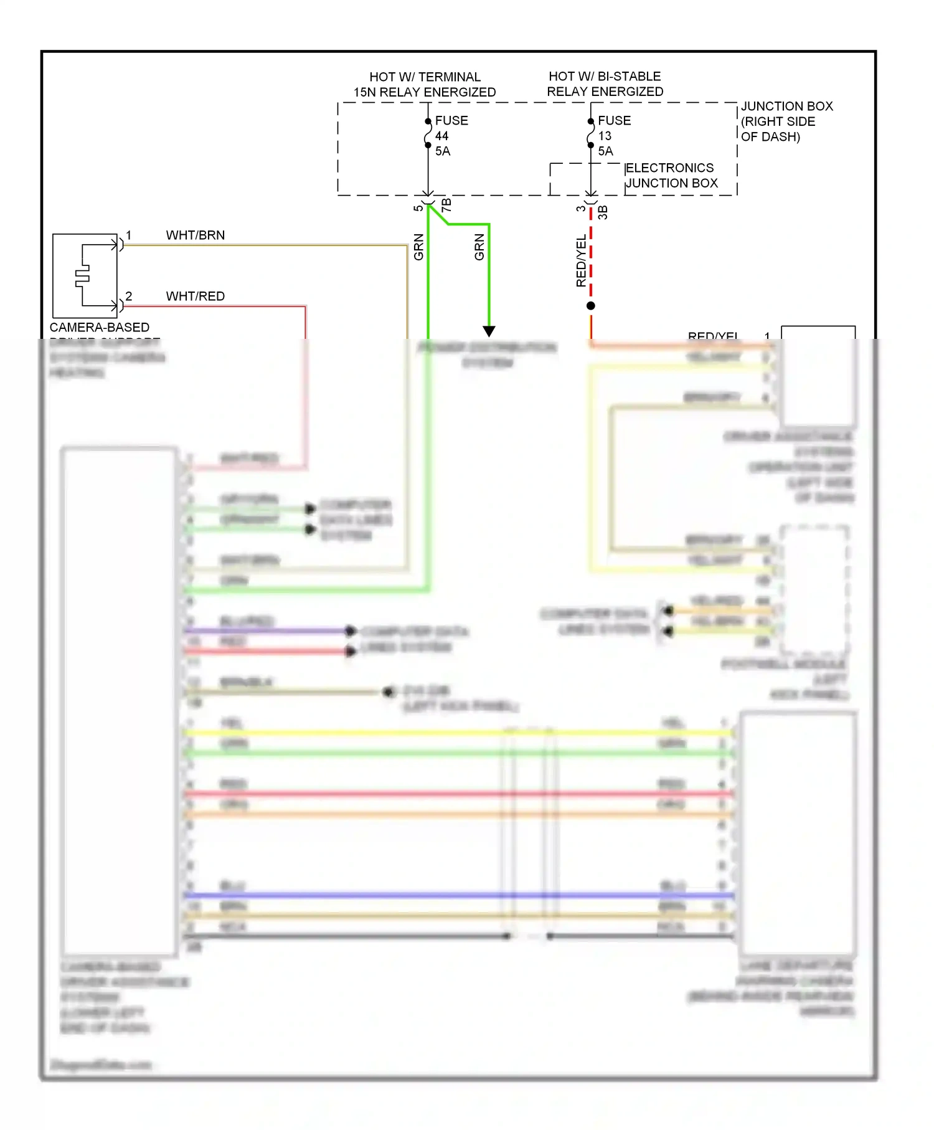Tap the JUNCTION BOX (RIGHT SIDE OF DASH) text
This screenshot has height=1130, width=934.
(786, 121)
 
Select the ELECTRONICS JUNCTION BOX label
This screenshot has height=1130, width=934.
(671, 175)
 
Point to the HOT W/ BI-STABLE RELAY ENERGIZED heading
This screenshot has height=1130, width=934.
(605, 83)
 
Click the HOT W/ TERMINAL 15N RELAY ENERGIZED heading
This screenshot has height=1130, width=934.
(425, 84)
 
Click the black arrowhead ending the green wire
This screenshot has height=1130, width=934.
(489, 331)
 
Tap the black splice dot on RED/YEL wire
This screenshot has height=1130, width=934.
(590, 305)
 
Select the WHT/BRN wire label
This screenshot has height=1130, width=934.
(195, 235)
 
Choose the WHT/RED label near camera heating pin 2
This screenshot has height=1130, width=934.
(195, 296)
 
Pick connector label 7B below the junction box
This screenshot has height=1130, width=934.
(446, 205)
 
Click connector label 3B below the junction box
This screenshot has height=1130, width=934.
(602, 212)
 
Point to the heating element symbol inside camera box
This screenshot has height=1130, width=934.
(83, 275)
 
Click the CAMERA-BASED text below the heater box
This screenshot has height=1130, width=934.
(99, 327)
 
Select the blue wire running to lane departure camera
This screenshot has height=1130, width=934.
(374, 895)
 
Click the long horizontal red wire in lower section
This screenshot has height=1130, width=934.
(374, 793)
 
